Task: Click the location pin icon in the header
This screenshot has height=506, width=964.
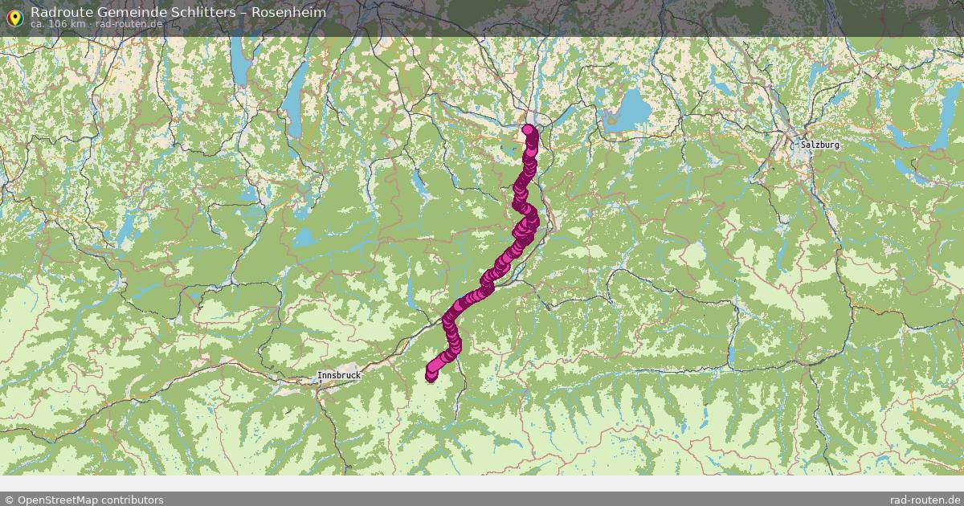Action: pyautogui.click(x=14, y=17)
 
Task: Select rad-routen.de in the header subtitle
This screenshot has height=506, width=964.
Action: pyautogui.click(x=129, y=24)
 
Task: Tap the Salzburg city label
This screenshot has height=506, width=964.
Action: pyautogui.click(x=819, y=145)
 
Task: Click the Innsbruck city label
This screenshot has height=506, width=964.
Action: pyautogui.click(x=338, y=375)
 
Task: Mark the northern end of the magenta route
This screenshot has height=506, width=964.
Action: pyautogui.click(x=528, y=129)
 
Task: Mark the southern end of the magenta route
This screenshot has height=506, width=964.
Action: pyautogui.click(x=431, y=376)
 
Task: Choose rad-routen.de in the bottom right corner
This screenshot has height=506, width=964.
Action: pyautogui.click(x=925, y=500)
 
